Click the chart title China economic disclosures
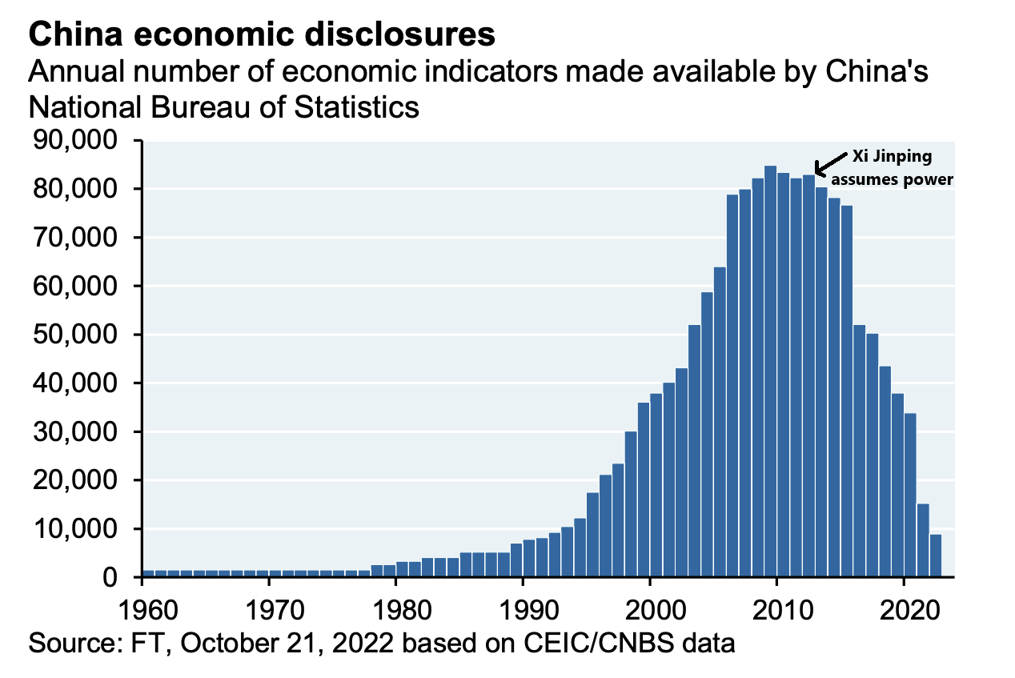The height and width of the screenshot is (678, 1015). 261,34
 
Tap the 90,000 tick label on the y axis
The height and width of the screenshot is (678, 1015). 77,141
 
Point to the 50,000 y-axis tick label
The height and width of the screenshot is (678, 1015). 77,335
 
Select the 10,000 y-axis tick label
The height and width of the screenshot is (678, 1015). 77,529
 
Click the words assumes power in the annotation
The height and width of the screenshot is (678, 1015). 895,179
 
